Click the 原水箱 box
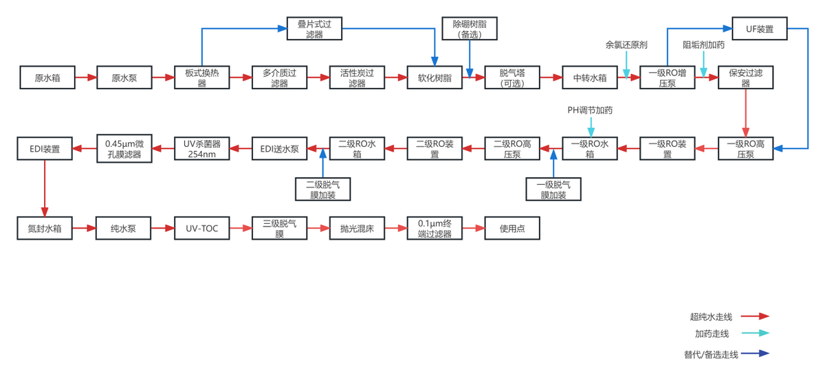click(x=48, y=78)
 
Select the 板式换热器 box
click(x=202, y=78)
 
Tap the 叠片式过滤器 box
click(x=315, y=29)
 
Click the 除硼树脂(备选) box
click(x=470, y=29)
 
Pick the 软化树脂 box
click(x=434, y=78)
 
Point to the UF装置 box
click(x=759, y=29)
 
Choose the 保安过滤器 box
click(x=745, y=78)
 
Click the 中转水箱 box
click(x=590, y=78)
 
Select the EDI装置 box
click(x=45, y=148)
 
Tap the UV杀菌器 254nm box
click(x=201, y=148)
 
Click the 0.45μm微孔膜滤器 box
click(x=124, y=148)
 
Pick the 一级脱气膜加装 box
click(x=553, y=189)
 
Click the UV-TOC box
click(x=201, y=228)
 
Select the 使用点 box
click(x=512, y=228)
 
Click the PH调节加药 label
click(x=590, y=110)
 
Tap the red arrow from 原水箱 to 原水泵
click(x=85, y=78)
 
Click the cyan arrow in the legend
click(x=754, y=334)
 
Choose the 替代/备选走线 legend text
click(x=711, y=354)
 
